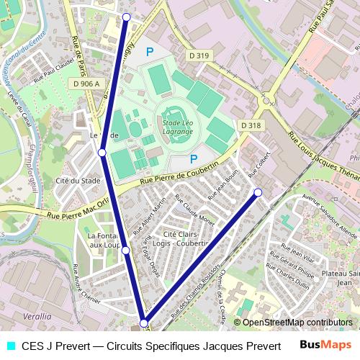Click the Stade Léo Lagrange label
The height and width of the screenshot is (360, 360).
click(x=176, y=127)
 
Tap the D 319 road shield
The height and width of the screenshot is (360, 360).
click(x=201, y=55)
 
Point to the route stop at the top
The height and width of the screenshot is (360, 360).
click(x=127, y=17)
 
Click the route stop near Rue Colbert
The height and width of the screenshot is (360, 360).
click(x=258, y=192)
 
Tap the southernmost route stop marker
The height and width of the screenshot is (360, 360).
click(x=144, y=323)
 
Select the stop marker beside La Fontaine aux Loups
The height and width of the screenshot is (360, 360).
click(x=125, y=250)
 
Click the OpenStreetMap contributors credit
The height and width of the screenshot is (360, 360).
click(x=297, y=323)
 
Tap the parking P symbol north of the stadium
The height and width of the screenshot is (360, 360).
click(x=150, y=51)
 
